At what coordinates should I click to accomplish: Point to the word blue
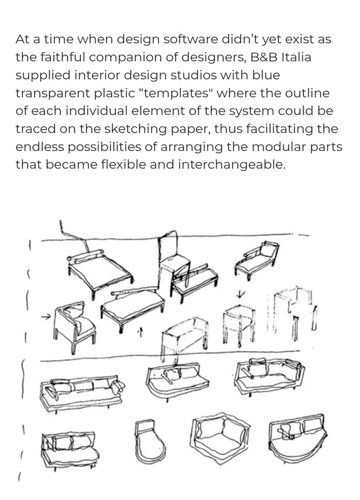(266, 75)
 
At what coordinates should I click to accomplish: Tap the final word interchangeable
(231, 165)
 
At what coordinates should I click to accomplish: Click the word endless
(39, 147)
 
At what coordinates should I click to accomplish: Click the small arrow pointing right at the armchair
(46, 317)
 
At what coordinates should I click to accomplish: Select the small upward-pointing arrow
(139, 332)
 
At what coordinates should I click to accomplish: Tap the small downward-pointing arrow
(240, 294)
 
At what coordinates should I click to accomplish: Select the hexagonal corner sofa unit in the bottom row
(219, 438)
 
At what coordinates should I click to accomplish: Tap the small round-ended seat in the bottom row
(149, 441)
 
